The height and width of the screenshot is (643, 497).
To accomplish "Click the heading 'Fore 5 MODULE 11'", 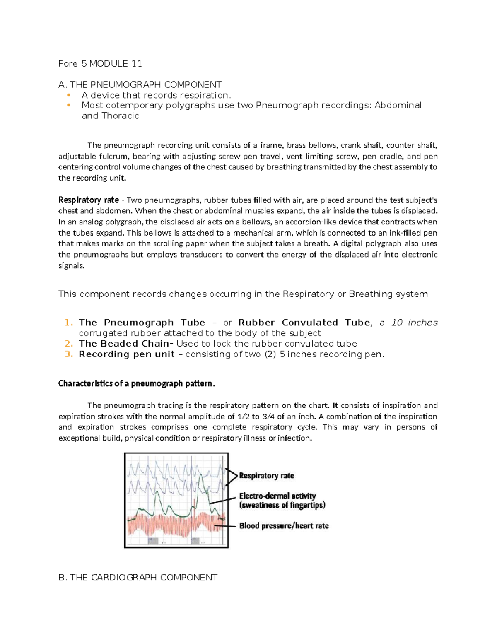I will click(x=100, y=64).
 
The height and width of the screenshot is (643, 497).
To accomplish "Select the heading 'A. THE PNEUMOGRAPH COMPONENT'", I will click(x=140, y=85).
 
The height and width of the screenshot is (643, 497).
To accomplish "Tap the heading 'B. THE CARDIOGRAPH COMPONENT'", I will click(x=138, y=578).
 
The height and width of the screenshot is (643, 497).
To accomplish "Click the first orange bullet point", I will click(x=69, y=95).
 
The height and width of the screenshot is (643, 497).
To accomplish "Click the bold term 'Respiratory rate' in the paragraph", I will click(x=89, y=200).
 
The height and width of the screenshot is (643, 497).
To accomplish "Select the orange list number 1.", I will click(x=69, y=323).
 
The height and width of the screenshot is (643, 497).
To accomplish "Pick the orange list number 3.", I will click(x=69, y=354).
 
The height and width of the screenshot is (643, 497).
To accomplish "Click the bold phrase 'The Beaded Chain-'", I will click(x=126, y=344).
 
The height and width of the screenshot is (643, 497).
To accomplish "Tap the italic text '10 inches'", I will click(x=414, y=323).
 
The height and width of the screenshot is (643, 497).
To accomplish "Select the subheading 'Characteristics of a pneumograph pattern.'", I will click(x=137, y=384).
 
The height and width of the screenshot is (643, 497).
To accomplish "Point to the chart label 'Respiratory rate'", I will click(x=266, y=476).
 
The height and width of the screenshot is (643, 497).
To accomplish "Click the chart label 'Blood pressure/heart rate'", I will click(x=284, y=526).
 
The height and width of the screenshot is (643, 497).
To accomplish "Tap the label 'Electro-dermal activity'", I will click(x=277, y=496).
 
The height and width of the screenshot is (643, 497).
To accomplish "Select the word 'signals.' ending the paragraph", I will click(x=71, y=266).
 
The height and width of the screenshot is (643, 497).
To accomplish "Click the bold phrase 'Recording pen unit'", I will click(x=126, y=354).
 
